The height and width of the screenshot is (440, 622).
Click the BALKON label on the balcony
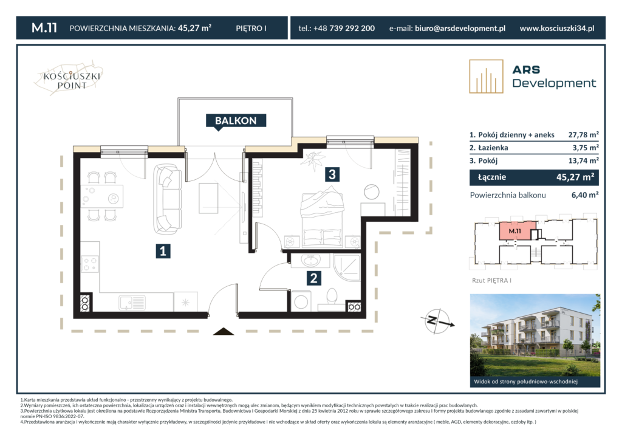(236, 120)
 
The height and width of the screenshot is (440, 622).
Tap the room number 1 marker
(163, 251)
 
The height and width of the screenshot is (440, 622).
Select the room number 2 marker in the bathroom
(314, 278)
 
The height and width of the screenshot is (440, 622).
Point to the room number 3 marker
(332, 174)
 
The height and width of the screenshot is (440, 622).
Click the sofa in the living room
(168, 199)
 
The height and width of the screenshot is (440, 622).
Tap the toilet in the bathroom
(332, 300)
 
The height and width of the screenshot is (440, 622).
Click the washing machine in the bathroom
(301, 301)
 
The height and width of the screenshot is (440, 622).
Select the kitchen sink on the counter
(132, 303)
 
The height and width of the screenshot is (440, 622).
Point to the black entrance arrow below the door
(224, 331)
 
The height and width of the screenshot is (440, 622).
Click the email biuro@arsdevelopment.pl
(460, 28)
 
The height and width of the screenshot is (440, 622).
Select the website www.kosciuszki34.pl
(557, 28)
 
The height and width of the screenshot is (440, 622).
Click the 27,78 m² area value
(583, 134)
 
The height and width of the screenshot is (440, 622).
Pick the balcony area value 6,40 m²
(585, 195)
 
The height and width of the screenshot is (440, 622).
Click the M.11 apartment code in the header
(44, 28)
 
